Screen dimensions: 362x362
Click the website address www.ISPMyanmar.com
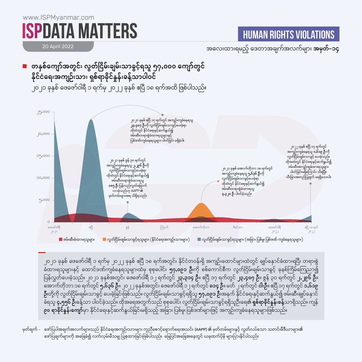coord(58,18)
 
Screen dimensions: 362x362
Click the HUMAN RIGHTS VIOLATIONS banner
coord(289,35)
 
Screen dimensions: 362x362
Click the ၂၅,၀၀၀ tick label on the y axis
coord(43,112)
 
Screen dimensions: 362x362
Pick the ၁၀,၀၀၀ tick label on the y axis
coord(43,178)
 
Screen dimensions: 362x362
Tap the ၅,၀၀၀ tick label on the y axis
coord(45,200)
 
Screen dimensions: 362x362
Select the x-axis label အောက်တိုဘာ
coord(201,227)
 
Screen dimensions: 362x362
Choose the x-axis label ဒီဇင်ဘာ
coord(238,227)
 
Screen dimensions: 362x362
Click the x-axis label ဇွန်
coord(128,227)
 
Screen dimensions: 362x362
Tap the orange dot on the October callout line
coord(218,181)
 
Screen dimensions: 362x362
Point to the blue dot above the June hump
coord(128,202)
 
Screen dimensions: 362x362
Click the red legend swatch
coord(60,240)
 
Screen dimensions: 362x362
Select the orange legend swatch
coord(104,240)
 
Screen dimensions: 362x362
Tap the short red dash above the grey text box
coord(42,252)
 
